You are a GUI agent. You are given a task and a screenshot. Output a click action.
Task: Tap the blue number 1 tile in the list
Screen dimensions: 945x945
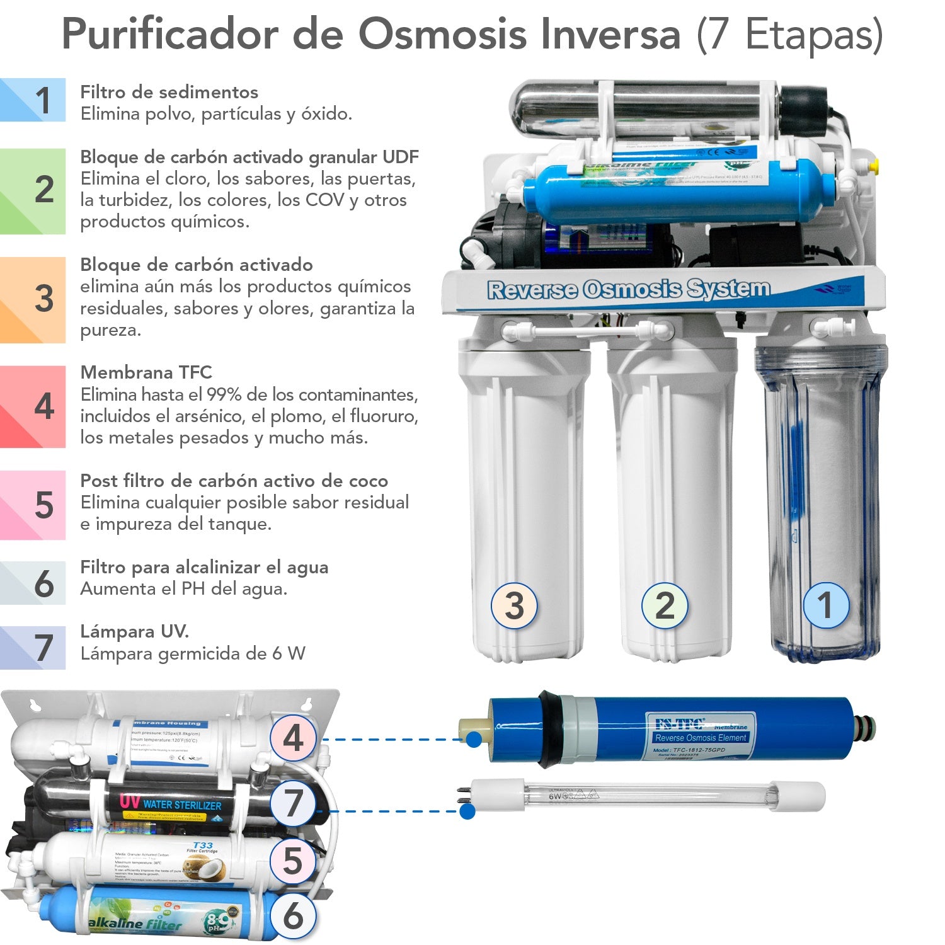click(x=33, y=100)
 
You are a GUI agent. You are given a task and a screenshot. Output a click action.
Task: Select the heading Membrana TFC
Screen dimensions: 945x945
click(x=146, y=372)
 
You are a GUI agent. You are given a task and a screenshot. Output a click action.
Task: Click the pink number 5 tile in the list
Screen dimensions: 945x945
click(x=33, y=505)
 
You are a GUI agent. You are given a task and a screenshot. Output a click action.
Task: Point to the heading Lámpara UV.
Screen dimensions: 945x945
click(x=134, y=631)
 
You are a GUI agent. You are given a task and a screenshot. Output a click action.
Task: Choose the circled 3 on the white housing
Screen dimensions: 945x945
click(x=514, y=605)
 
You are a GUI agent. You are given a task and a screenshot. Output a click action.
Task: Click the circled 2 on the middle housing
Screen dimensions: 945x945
click(x=665, y=605)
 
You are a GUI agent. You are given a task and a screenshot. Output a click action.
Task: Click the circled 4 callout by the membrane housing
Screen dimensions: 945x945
click(x=293, y=738)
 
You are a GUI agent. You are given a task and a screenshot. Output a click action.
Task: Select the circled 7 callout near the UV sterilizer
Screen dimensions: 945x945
click(x=293, y=805)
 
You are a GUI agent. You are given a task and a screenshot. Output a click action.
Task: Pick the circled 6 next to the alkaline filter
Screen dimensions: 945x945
click(x=293, y=917)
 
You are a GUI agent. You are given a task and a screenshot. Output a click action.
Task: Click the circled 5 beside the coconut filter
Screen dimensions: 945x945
click(x=293, y=861)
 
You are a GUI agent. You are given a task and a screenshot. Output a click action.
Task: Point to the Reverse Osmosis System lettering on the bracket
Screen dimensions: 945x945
click(x=628, y=289)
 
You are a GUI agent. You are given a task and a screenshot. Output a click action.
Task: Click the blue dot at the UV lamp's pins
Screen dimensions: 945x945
click(x=467, y=811)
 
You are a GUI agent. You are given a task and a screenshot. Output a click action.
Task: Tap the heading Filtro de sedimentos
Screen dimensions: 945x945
click(x=169, y=92)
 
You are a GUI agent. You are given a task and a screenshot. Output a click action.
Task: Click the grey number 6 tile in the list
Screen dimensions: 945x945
click(x=33, y=583)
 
